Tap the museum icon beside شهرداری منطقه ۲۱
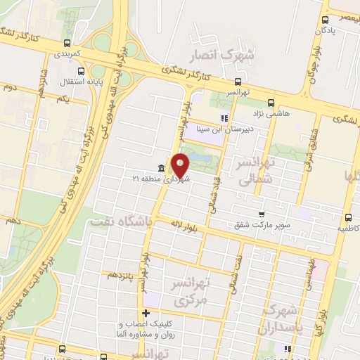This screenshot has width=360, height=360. [x=162, y=168]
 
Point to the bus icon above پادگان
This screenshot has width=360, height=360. [x=325, y=20]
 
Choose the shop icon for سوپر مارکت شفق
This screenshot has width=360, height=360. [x=262, y=214]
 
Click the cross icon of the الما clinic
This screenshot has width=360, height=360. [x=146, y=313]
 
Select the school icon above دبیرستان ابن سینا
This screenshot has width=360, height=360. [x=224, y=118]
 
